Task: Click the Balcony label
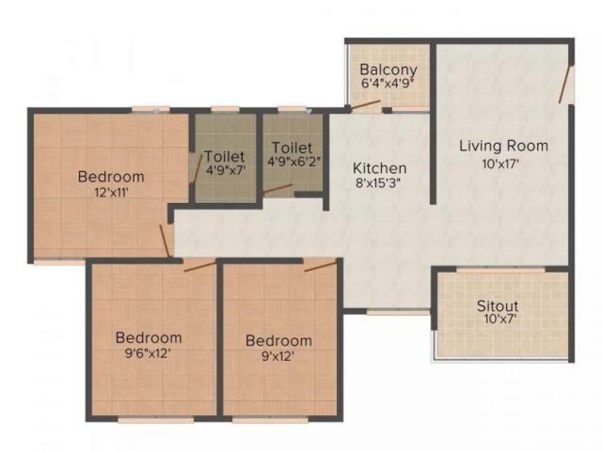pos(388,69)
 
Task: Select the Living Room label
pos(504,146)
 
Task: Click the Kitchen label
pos(379,167)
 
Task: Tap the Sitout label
pos(497,305)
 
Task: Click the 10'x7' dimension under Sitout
pos(497,319)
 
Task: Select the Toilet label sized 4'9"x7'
pos(225,156)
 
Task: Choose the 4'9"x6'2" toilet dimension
pos(293,161)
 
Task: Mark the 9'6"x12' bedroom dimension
pos(148,352)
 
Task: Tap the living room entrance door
pos(566,84)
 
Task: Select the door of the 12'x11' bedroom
pos(165,241)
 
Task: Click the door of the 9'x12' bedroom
pos(320,266)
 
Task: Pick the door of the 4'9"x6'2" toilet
pos(277,189)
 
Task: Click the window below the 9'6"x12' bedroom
pos(156,420)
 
